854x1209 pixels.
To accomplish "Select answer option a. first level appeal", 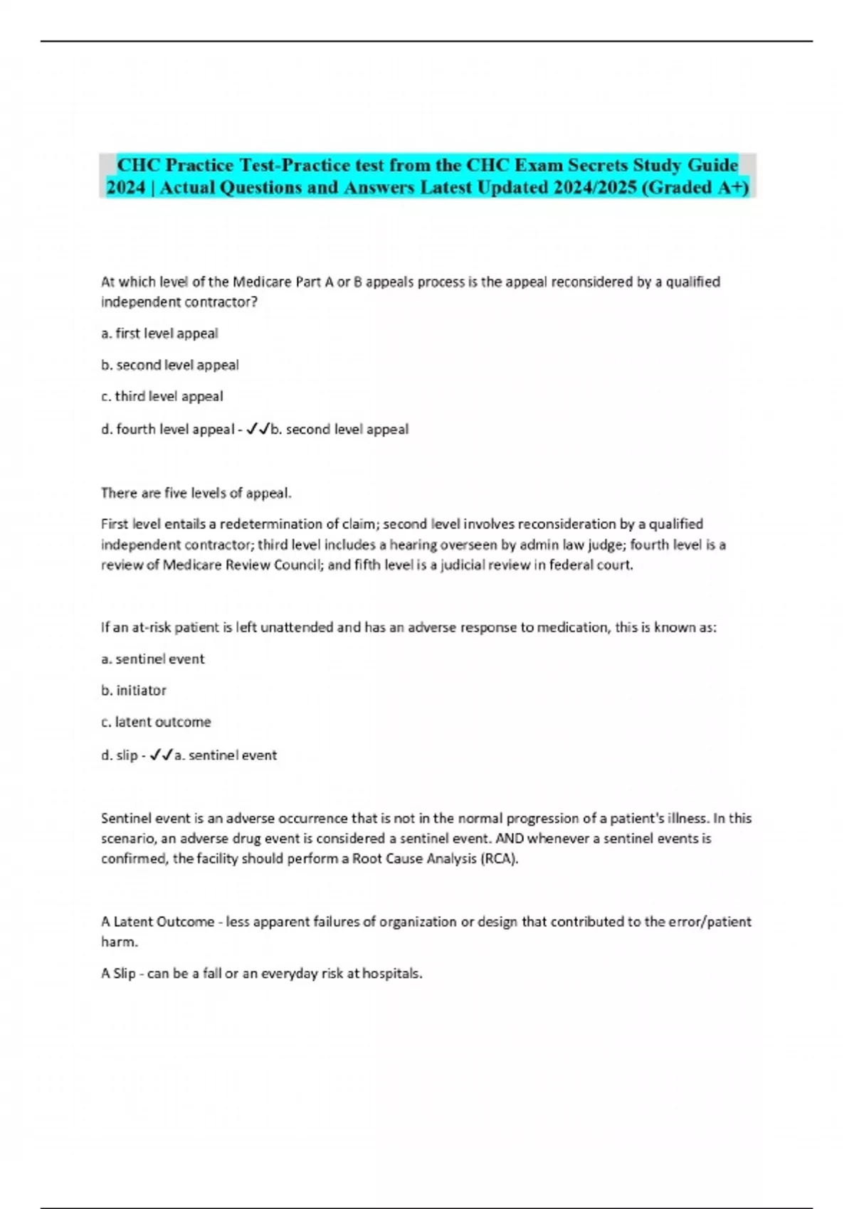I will [159, 333].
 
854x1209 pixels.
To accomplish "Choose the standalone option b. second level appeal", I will [170, 365].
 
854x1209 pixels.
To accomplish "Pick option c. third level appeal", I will [162, 396].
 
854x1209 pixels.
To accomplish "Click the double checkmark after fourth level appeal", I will [258, 429].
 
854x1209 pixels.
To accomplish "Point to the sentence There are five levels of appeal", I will [196, 493].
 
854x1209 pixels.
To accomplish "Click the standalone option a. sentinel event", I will [153, 659].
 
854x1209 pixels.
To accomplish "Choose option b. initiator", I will [134, 690].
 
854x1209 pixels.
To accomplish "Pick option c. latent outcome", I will [156, 722].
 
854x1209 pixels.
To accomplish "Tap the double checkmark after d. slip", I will [162, 755].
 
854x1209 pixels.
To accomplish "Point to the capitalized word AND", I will [510, 838].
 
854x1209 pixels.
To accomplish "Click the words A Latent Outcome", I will [158, 922].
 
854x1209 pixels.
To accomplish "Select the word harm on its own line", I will [118, 942].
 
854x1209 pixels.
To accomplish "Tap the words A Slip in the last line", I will [118, 974].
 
